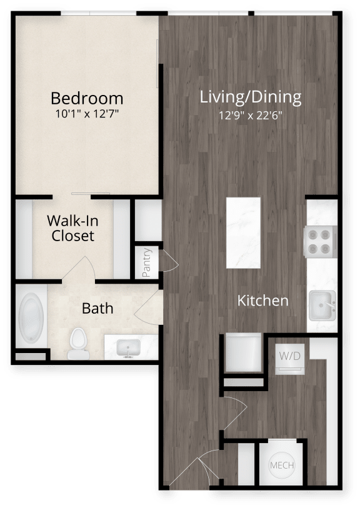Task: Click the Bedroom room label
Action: pos(87,99)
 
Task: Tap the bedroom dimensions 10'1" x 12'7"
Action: pos(87,114)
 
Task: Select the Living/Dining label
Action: pos(251,97)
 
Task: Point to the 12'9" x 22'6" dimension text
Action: pos(251,116)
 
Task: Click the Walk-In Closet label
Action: pos(72,228)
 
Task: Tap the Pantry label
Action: pos(146,262)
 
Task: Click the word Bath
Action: pos(97,308)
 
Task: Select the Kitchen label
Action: pos(262,301)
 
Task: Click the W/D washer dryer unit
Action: pos(290,359)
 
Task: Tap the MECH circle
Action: pos(282,466)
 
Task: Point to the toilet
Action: pos(79,344)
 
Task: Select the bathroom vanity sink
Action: pos(129,347)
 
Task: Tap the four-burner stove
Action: pos(320,242)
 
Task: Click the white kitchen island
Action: pos(243,232)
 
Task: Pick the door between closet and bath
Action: pos(79,269)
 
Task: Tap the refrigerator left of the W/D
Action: pos(243,353)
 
